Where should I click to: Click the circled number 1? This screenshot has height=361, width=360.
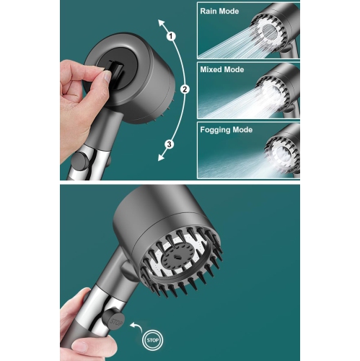(x=171, y=35)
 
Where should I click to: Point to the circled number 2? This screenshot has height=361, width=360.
(x=185, y=90)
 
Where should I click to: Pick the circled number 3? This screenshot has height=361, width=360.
(x=169, y=144)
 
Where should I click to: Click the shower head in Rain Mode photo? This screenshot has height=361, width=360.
(x=271, y=32)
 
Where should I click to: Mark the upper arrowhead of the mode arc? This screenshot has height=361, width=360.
(x=157, y=22)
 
